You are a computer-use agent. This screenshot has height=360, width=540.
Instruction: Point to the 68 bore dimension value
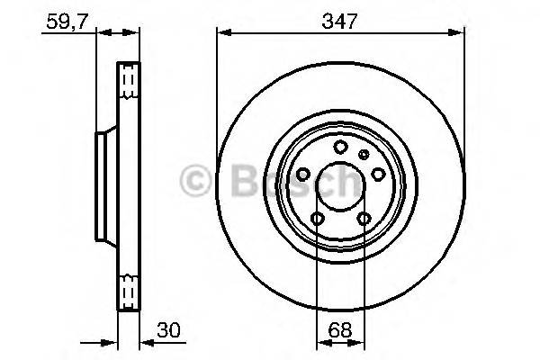[x=338, y=330]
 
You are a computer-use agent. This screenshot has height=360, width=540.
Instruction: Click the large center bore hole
[x=339, y=185]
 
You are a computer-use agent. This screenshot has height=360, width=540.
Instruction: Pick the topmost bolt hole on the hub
[x=340, y=148]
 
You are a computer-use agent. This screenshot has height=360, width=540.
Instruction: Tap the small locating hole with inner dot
[x=364, y=155]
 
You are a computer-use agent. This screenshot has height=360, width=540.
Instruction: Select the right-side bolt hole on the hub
[x=378, y=175]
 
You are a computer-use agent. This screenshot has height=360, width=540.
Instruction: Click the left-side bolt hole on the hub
[x=302, y=175]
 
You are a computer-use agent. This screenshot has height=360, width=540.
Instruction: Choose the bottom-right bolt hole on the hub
[x=363, y=219]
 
